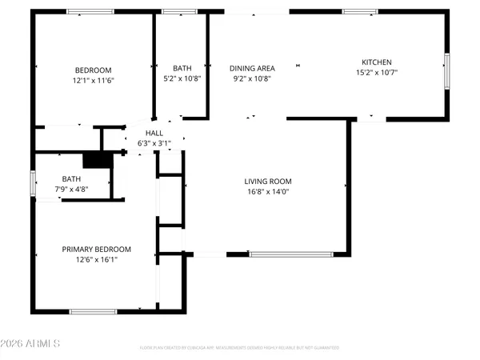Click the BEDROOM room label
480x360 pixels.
click(93, 70)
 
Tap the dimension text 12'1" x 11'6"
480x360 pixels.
click(93, 81)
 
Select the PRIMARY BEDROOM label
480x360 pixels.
click(96, 250)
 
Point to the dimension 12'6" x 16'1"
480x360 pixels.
click(96, 260)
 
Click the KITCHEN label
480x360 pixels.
click(377, 62)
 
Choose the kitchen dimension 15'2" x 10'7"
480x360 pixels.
click(377, 73)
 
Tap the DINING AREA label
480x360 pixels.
click(253, 68)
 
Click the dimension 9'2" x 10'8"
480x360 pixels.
click(253, 79)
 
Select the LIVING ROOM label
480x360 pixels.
click(267, 181)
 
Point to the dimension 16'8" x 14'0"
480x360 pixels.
click(267, 192)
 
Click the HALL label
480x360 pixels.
click(154, 133)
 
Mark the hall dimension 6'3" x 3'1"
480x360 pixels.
click(154, 143)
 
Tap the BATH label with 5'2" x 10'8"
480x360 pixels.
click(182, 68)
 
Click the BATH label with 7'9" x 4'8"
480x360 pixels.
click(72, 178)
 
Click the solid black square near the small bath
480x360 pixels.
click(94, 160)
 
